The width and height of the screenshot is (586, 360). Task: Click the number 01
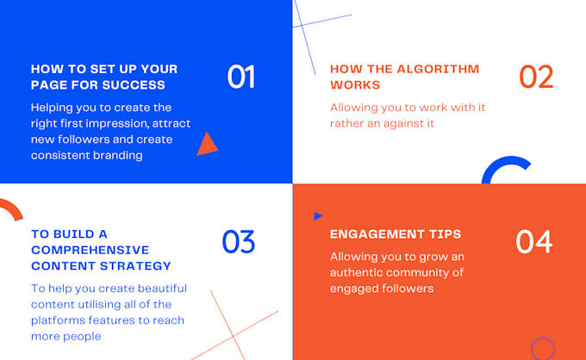241,77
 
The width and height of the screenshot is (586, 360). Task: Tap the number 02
536,77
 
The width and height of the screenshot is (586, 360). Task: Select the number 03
239,242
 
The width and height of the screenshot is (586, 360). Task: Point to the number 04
533,242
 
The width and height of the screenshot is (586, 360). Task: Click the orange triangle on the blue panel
207,145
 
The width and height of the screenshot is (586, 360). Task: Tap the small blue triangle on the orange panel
318,216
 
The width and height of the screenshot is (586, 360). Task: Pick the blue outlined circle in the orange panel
543,349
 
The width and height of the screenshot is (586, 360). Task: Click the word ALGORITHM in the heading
438,69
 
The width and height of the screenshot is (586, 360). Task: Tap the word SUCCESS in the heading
134,85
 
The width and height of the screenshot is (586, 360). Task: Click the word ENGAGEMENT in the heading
377,234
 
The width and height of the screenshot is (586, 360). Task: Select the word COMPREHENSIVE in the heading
90,250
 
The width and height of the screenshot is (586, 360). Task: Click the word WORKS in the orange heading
355,85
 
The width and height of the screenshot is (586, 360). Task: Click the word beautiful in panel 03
162,289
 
